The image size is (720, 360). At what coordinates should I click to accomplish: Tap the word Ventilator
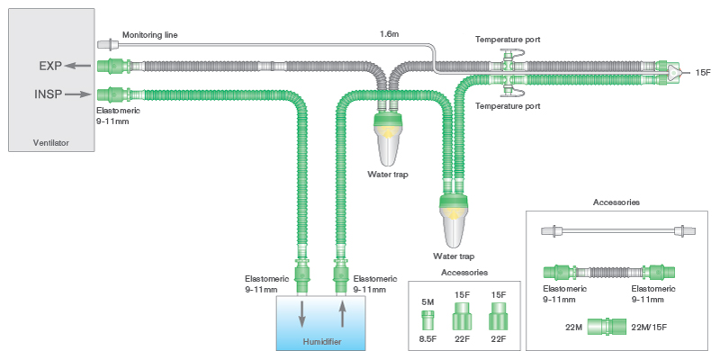tap(50, 142)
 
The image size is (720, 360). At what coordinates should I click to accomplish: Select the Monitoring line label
tap(149, 35)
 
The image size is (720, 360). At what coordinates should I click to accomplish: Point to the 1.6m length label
tap(389, 35)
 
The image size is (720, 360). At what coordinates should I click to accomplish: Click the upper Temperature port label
tap(508, 40)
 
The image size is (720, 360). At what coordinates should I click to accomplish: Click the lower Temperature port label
tap(508, 106)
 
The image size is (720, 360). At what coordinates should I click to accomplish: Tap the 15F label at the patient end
tap(703, 71)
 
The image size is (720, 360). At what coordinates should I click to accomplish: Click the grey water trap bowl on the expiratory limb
tap(389, 139)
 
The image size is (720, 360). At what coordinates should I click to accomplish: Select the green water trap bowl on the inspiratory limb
tap(454, 221)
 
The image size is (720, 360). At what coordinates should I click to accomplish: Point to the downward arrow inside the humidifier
tap(301, 315)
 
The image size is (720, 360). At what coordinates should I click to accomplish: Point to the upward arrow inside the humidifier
tap(342, 315)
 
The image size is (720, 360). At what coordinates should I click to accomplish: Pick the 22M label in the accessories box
tap(573, 328)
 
